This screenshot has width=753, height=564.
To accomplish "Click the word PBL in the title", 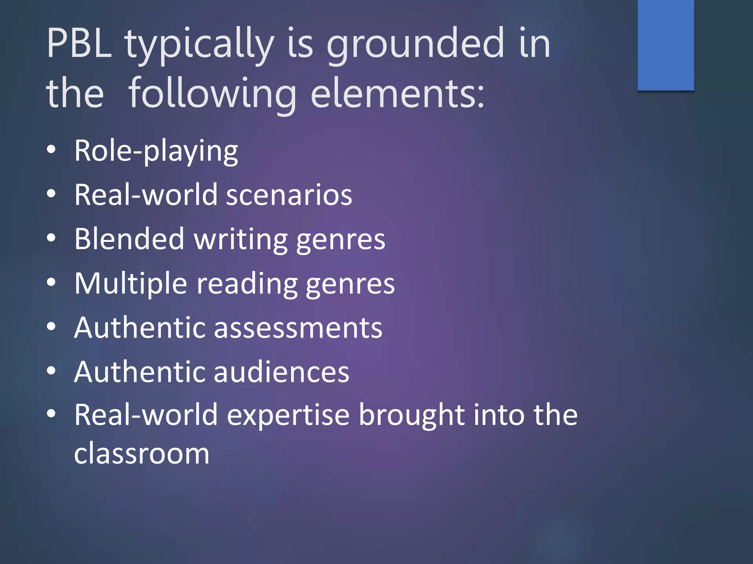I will [x=79, y=43].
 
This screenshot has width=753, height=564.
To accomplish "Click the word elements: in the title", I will [x=397, y=94].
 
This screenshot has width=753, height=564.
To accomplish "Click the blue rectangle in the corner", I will [x=665, y=45].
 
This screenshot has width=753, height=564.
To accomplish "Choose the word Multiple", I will [x=131, y=283].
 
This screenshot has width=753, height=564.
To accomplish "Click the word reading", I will [x=247, y=284].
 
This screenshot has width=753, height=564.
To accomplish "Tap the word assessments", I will [x=298, y=328].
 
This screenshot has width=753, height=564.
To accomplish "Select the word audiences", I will [x=281, y=372].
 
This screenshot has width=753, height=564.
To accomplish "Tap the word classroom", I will [x=142, y=454].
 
